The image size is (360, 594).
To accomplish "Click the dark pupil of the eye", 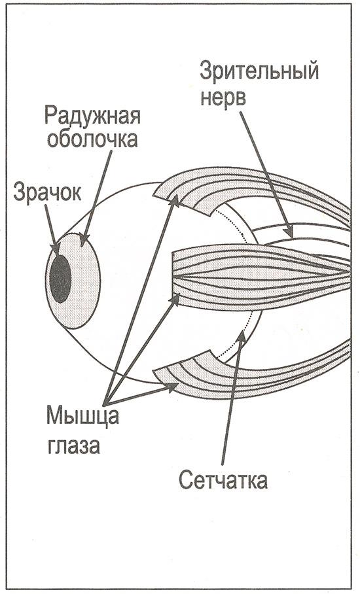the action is (x=60, y=279).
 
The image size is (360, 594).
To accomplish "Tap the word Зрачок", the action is (x=47, y=193).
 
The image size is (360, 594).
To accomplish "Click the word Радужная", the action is (x=93, y=116).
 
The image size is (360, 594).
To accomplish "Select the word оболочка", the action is (x=92, y=140).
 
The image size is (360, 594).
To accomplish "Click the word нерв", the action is (x=223, y=97).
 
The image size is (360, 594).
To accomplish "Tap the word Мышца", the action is (x=82, y=416).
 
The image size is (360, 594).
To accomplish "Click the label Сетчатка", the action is (x=223, y=480).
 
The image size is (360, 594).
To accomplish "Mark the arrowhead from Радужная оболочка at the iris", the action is (x=84, y=240).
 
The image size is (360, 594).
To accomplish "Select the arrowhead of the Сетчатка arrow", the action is (x=241, y=336).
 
